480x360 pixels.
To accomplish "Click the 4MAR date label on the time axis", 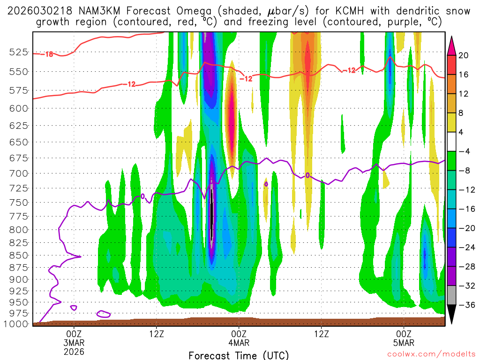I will pyautogui.click(x=239, y=342).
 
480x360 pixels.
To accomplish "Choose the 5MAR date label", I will pyautogui.click(x=404, y=342).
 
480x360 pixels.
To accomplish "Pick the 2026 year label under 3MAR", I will pyautogui.click(x=74, y=351).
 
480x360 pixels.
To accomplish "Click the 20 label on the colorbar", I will pyautogui.click(x=464, y=55).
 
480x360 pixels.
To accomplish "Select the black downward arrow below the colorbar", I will pyautogui.click(x=452, y=315).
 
